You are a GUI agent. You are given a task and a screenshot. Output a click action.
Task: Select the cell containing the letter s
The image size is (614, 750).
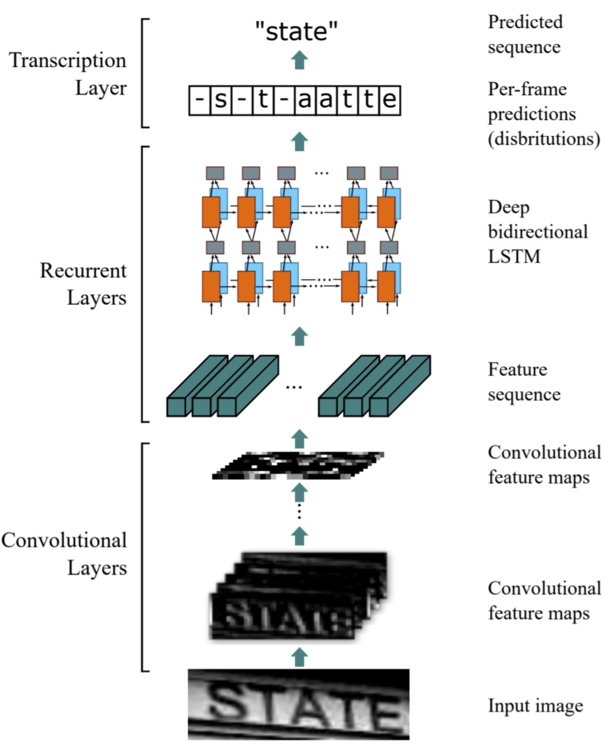click(x=217, y=102)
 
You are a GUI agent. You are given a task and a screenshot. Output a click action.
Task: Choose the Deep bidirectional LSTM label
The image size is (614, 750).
click(x=538, y=232)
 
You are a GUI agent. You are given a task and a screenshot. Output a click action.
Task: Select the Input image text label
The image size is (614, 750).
click(x=535, y=706)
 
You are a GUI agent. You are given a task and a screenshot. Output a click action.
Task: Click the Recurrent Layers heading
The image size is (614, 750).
click(x=84, y=283)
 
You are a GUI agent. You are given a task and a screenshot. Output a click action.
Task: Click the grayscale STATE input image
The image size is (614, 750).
click(x=298, y=704)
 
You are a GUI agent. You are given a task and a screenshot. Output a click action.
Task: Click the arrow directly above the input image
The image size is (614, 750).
click(x=298, y=656)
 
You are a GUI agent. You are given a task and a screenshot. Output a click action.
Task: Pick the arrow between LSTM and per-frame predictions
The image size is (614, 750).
click(x=298, y=142)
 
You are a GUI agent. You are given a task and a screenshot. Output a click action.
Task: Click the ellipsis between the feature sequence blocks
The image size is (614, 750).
click(x=294, y=386)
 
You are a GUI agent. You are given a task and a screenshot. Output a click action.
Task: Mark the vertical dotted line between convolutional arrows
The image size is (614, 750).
click(x=298, y=508)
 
